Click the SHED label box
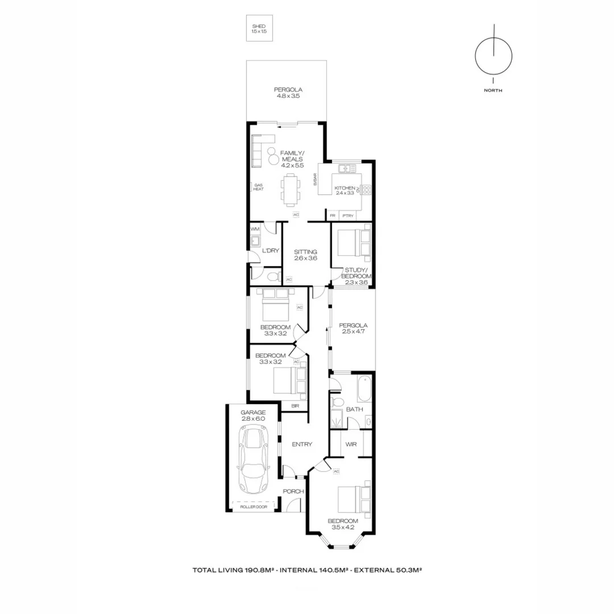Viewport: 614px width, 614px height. [x=259, y=30]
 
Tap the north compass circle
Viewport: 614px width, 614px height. [x=493, y=56]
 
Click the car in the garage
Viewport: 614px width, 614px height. [x=253, y=460]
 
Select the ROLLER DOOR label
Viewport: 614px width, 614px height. [x=253, y=507]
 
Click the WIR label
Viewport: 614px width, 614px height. [x=351, y=444]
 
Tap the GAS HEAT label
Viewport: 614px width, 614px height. [x=258, y=187]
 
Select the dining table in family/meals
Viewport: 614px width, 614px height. [x=291, y=189]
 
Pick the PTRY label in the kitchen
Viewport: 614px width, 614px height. [x=348, y=215]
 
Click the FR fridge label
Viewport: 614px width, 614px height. [x=332, y=215]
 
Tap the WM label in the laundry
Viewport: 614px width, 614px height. [x=255, y=229]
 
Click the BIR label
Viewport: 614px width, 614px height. [x=295, y=405]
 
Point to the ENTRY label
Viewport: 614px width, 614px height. [x=302, y=444]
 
